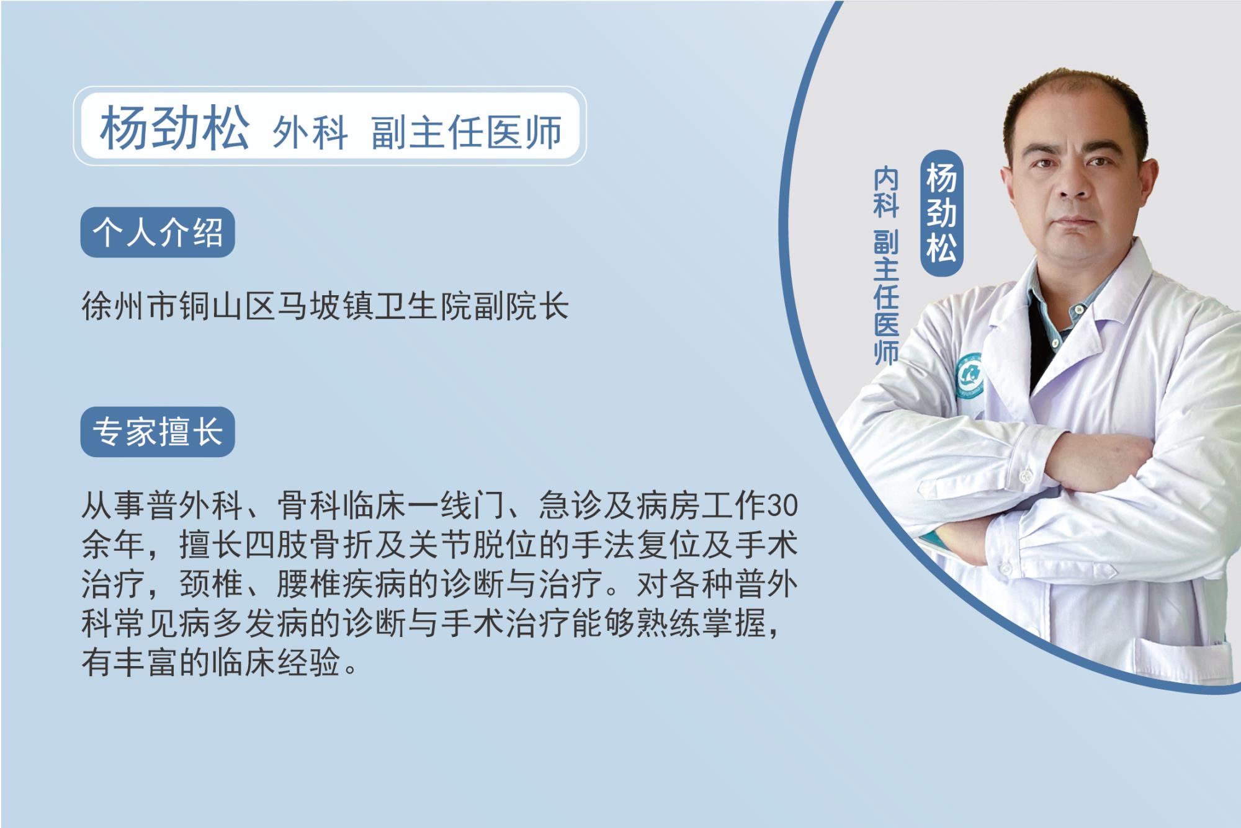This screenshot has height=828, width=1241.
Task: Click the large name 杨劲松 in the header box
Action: pos(174,128)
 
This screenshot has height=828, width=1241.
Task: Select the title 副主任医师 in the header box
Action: pos(467,131)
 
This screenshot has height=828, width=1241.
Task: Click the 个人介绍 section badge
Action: pos(158,232)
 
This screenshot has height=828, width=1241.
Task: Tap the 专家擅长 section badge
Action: pos(158,432)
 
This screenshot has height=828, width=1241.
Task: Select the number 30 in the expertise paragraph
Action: pos(782,506)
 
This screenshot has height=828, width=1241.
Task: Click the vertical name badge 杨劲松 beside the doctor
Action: pos(941,213)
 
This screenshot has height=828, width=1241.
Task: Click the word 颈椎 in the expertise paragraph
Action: pos(212,584)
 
